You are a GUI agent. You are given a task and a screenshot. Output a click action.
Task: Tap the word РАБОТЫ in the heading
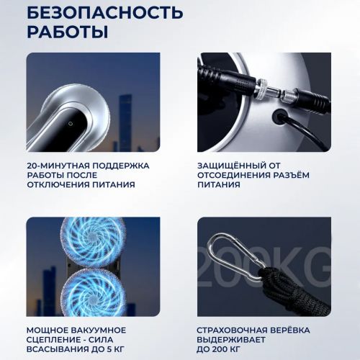pos(68,32)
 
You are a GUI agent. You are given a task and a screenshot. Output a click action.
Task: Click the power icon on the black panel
pos(70,124)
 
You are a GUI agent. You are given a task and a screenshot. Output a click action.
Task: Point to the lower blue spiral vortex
pos(94,292)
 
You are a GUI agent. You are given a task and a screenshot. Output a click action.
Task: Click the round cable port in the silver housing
pos(279,117)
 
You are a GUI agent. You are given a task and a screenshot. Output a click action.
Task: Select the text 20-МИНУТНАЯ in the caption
pos(58,166)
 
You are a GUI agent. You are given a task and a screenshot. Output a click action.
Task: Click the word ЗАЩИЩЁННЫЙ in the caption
pos(232,166)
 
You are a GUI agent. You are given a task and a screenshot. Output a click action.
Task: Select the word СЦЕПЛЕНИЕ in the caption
pos(53,340)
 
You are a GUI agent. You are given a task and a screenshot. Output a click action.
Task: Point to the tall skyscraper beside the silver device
pos(125,123)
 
